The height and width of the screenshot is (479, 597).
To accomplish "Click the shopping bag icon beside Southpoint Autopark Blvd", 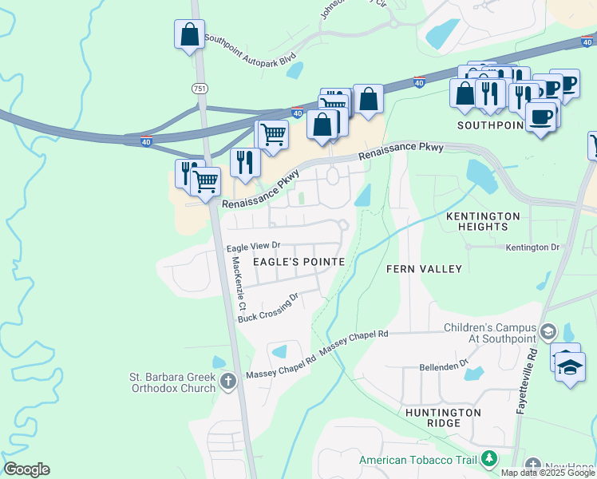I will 189,34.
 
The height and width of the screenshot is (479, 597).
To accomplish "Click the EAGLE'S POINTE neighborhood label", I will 299,262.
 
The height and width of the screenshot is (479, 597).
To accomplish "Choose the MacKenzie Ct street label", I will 240,284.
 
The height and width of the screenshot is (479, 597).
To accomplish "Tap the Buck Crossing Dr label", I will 268,308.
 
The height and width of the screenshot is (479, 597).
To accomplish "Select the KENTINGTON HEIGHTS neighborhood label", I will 483,222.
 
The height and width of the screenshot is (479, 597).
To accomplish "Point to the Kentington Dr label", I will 532,247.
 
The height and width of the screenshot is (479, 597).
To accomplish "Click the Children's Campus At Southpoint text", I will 489,334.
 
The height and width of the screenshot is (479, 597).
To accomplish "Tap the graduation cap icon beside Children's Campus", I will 548,331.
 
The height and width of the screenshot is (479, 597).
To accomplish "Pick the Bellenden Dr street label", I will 444,366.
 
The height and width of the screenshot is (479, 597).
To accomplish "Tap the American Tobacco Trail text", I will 417,460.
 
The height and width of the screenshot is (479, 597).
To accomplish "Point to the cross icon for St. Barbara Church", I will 228,380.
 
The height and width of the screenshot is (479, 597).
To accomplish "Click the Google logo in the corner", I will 26,469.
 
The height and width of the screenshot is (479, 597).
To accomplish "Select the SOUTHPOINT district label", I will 489,126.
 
